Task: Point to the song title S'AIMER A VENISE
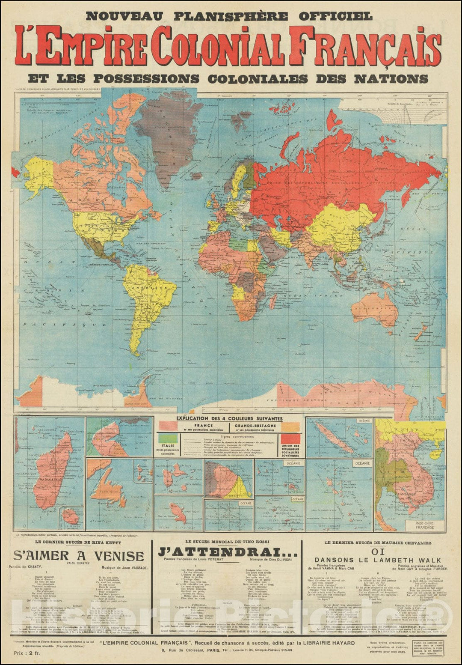tap(79, 556)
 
